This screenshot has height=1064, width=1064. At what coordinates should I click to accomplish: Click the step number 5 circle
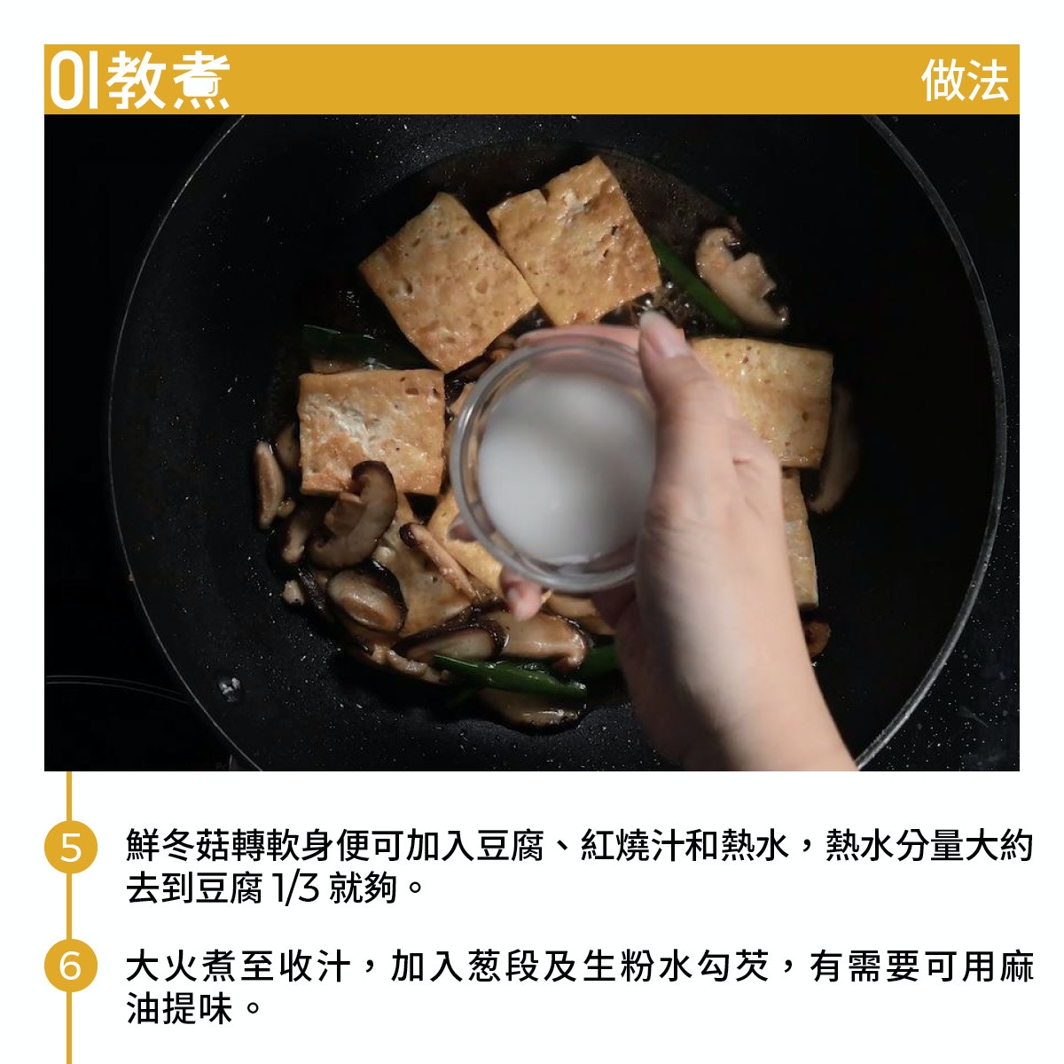[x=71, y=847]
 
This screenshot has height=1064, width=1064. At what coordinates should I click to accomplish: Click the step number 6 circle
[x=71, y=966]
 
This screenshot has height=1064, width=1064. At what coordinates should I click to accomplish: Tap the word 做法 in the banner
[x=965, y=81]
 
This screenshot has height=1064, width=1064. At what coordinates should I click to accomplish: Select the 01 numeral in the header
[x=74, y=81]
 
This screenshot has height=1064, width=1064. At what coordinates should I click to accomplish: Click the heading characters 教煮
[x=168, y=81]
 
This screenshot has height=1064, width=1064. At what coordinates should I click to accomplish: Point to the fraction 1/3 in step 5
[x=296, y=888]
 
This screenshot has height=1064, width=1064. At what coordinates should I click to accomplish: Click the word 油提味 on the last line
[x=179, y=1008]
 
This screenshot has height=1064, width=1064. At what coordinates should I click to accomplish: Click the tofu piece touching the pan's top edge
[x=575, y=240]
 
